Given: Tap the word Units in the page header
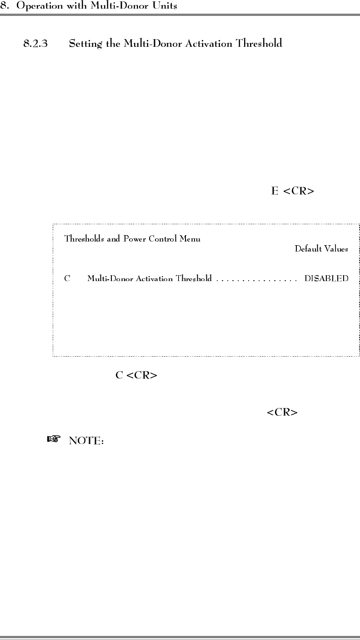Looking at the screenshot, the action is [x=166, y=6].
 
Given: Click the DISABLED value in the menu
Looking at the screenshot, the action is [x=326, y=278].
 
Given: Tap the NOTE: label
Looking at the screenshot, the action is [x=87, y=441].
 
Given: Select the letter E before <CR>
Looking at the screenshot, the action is [x=275, y=191].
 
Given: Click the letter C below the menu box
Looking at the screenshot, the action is [x=120, y=376].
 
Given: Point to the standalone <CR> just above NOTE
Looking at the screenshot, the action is [x=282, y=413].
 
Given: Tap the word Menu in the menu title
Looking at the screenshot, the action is [x=190, y=238].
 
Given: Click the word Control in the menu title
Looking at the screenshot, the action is [x=162, y=238].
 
